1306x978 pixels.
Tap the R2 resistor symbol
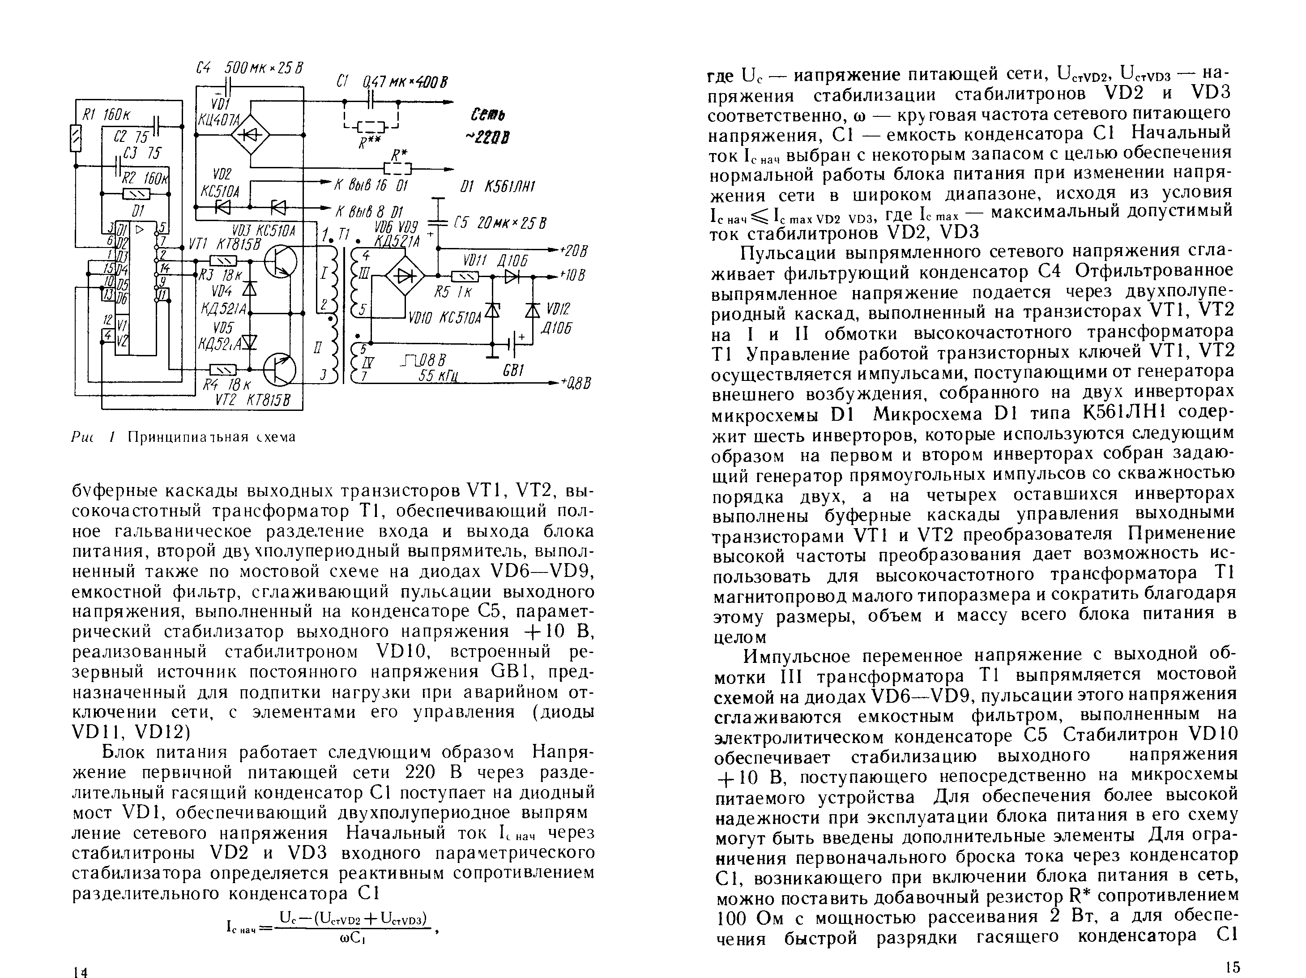pos(136,193)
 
